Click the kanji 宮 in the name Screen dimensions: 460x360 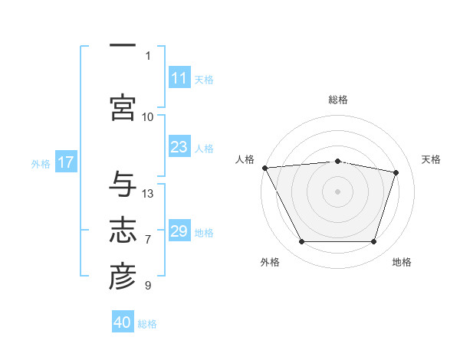point(123,107)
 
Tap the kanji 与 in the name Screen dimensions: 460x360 point(123,184)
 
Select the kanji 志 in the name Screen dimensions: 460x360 point(123,230)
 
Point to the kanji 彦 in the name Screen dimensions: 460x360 point(123,277)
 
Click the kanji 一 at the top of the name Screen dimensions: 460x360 point(123,45)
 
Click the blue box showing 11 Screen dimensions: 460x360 point(179,77)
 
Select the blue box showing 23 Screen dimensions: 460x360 point(179,146)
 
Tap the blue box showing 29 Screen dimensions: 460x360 point(179,230)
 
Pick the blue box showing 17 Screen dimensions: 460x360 point(66,162)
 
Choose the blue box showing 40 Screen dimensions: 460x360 point(123,321)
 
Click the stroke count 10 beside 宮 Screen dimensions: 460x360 point(147,117)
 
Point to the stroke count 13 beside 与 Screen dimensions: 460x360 point(147,194)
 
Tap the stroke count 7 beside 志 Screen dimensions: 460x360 point(148,240)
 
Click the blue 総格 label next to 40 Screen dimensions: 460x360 point(147,324)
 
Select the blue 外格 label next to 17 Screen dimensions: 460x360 point(41,164)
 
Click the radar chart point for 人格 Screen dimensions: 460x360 point(265,168)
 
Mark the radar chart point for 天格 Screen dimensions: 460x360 point(396,172)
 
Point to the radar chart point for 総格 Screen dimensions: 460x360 point(337,162)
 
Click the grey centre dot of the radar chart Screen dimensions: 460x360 point(337,191)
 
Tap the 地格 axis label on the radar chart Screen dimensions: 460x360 point(402,262)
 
